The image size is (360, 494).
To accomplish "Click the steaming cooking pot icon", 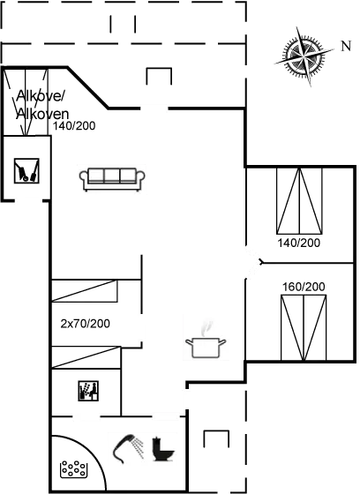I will pos(206,338).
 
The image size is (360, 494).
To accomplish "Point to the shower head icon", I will pos(129,445).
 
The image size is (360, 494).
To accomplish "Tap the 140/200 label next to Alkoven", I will pos(74,127).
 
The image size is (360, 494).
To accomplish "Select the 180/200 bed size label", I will pos(303,287).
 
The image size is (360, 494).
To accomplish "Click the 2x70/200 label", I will pos(85,323).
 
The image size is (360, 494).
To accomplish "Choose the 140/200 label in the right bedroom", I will pos(298,242).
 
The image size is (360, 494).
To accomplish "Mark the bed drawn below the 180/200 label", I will pos(303,327).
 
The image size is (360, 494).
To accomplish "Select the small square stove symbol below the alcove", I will pos(27,169).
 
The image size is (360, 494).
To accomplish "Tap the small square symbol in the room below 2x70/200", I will pos(87,389).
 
